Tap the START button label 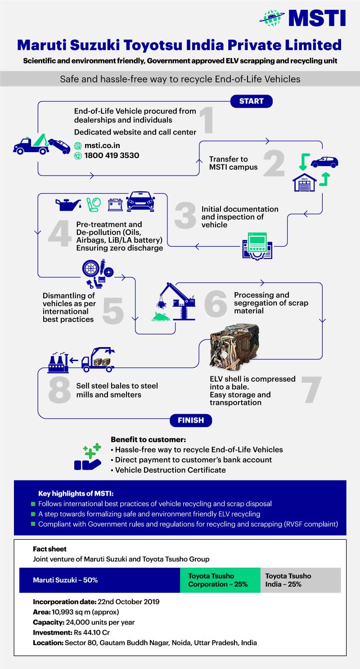click(x=252, y=101)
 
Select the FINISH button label click(x=191, y=420)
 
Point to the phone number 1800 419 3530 click(x=112, y=155)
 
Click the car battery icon click(x=115, y=205)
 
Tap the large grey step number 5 click(x=113, y=310)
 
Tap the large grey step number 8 click(x=60, y=390)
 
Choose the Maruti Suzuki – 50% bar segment click(x=99, y=580)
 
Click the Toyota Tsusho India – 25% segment click(x=300, y=580)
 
